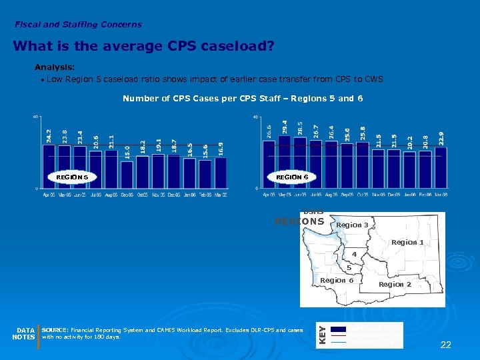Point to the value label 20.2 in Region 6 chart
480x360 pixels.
tap(410, 141)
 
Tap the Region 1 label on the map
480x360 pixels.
tap(407, 242)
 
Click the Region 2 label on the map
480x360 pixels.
tap(395, 284)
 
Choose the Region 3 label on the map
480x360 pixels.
tap(353, 225)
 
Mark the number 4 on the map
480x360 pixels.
tap(355, 255)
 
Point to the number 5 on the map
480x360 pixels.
tap(349, 268)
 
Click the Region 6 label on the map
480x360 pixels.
tap(337, 280)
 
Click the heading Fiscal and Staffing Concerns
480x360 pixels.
tap(78, 25)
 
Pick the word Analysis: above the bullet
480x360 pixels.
tap(55, 67)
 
